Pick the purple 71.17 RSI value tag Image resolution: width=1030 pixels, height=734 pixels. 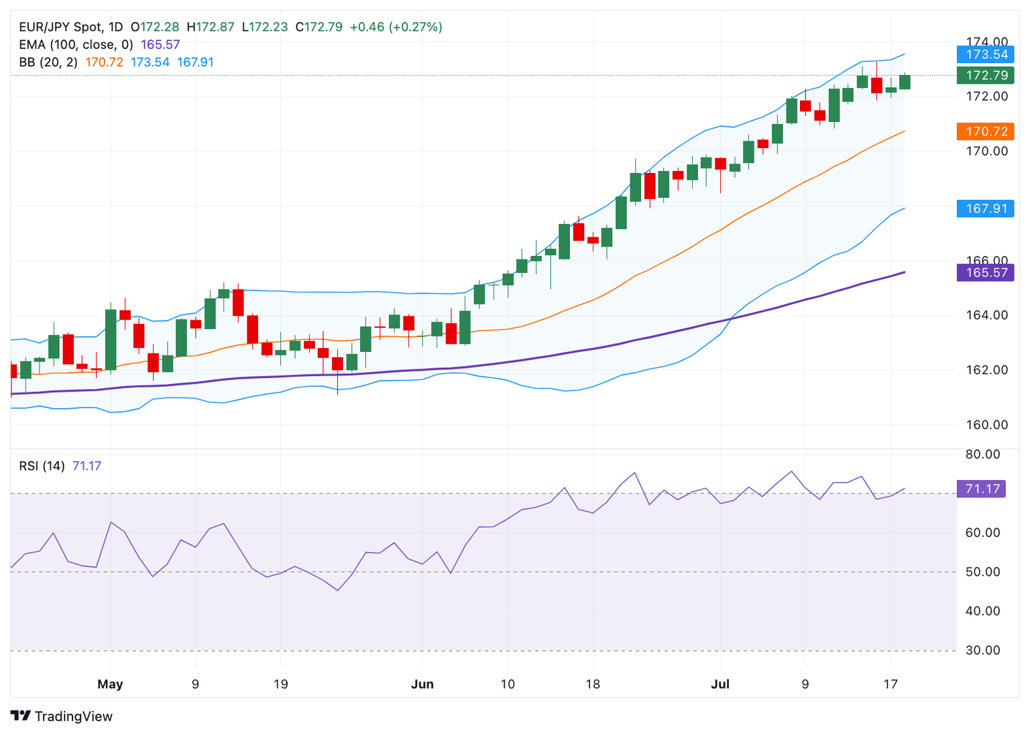(982, 489)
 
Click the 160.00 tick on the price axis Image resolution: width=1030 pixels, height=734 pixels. (986, 424)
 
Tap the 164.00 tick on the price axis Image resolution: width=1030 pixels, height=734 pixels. (986, 315)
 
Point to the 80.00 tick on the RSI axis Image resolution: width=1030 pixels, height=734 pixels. (982, 454)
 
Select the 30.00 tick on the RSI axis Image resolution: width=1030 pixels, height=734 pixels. (982, 650)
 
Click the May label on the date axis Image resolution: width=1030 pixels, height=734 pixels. (110, 684)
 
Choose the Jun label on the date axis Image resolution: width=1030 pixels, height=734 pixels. (422, 684)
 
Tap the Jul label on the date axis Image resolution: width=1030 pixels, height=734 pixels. (720, 684)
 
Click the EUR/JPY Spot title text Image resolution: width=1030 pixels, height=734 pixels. (62, 27)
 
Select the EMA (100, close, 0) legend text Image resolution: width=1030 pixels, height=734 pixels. (76, 45)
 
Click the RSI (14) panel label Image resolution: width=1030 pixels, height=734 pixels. (42, 466)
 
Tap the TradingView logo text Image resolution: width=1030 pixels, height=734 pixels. (73, 717)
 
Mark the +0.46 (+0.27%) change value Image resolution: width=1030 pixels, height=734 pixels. (396, 27)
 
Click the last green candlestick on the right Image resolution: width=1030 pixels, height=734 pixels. (905, 82)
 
